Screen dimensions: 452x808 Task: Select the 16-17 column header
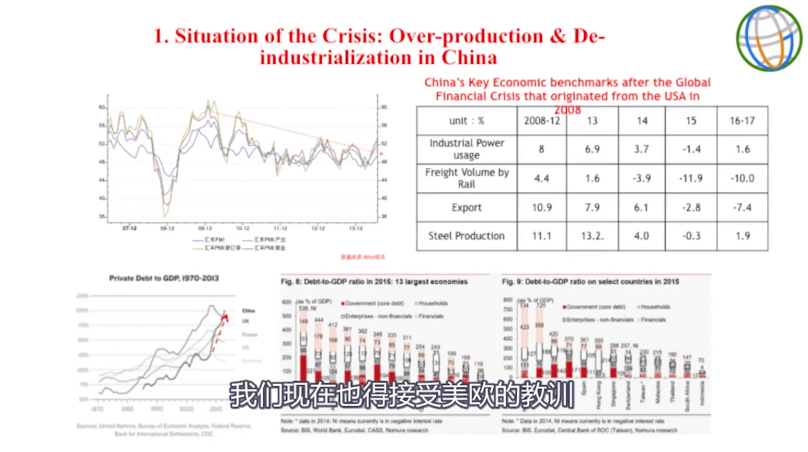pyautogui.click(x=741, y=120)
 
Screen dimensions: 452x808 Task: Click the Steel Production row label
pyautogui.click(x=466, y=236)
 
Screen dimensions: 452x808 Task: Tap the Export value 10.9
pyautogui.click(x=541, y=208)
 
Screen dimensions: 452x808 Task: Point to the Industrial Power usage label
pyautogui.click(x=466, y=149)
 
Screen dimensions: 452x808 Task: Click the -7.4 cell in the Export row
pyautogui.click(x=741, y=208)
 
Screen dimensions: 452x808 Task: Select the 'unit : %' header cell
pyautogui.click(x=466, y=120)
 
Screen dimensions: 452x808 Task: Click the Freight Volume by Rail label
pyautogui.click(x=466, y=178)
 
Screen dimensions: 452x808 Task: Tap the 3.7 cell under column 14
pyautogui.click(x=641, y=149)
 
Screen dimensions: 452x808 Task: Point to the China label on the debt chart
pyautogui.click(x=248, y=310)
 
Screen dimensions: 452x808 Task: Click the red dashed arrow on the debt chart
pyautogui.click(x=220, y=333)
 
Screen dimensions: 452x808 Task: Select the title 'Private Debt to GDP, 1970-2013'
pyautogui.click(x=164, y=279)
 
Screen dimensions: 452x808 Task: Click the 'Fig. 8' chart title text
pyautogui.click(x=374, y=282)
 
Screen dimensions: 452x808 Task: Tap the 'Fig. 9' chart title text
pyautogui.click(x=590, y=282)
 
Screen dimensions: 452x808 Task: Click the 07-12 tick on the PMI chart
pyautogui.click(x=129, y=228)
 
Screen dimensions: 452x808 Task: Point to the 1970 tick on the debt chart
pyautogui.click(x=97, y=408)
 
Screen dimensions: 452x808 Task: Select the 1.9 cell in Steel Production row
pyautogui.click(x=741, y=236)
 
